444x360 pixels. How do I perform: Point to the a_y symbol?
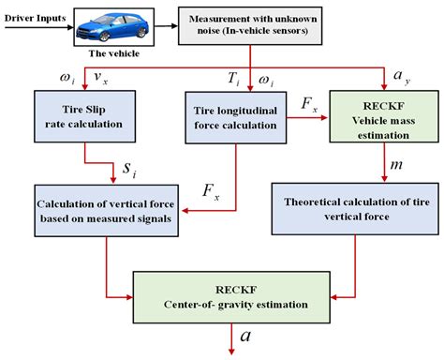(x=402, y=72)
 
